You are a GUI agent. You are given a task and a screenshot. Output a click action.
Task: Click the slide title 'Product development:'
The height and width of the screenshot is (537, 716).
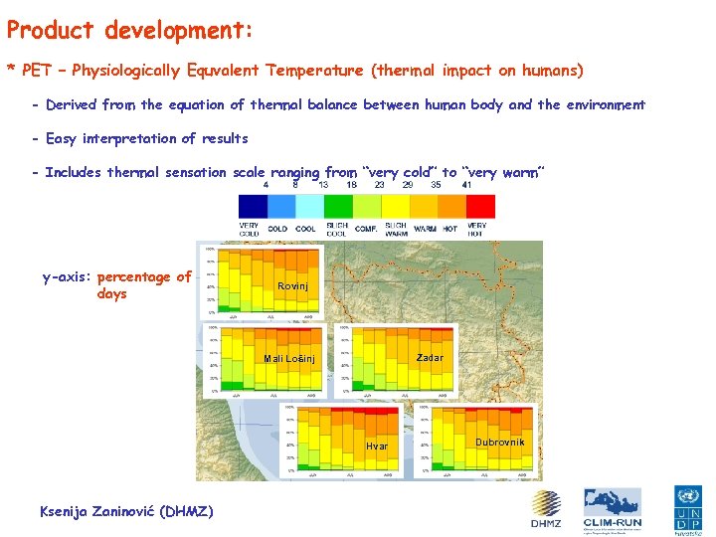tap(129, 30)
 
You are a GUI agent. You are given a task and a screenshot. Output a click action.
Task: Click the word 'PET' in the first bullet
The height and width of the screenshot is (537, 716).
tap(36, 71)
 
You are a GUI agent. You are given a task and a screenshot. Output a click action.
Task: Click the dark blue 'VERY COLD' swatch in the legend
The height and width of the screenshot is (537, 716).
tap(253, 206)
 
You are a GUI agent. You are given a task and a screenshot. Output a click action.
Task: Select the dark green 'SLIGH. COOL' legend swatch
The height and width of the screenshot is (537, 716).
tap(338, 206)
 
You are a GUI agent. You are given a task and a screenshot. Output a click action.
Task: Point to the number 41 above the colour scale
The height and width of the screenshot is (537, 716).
tap(466, 184)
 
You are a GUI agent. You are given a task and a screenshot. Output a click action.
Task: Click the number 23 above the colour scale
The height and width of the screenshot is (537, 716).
tap(380, 184)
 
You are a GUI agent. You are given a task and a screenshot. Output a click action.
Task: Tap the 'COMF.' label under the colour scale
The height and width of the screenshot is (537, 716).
tap(366, 229)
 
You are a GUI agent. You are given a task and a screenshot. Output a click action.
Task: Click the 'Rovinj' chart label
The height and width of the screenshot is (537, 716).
tap(292, 286)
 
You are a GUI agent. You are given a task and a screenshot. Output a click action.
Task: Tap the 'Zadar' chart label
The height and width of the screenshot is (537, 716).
tap(430, 357)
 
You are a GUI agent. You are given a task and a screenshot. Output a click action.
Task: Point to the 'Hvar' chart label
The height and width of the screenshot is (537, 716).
tap(377, 447)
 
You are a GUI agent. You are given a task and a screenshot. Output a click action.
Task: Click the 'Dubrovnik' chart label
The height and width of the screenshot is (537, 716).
tap(499, 442)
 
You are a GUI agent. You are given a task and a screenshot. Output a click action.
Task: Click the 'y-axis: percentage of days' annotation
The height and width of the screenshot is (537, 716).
tap(116, 285)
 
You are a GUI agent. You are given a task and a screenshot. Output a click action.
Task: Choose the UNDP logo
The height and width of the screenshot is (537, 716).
tap(687, 510)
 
